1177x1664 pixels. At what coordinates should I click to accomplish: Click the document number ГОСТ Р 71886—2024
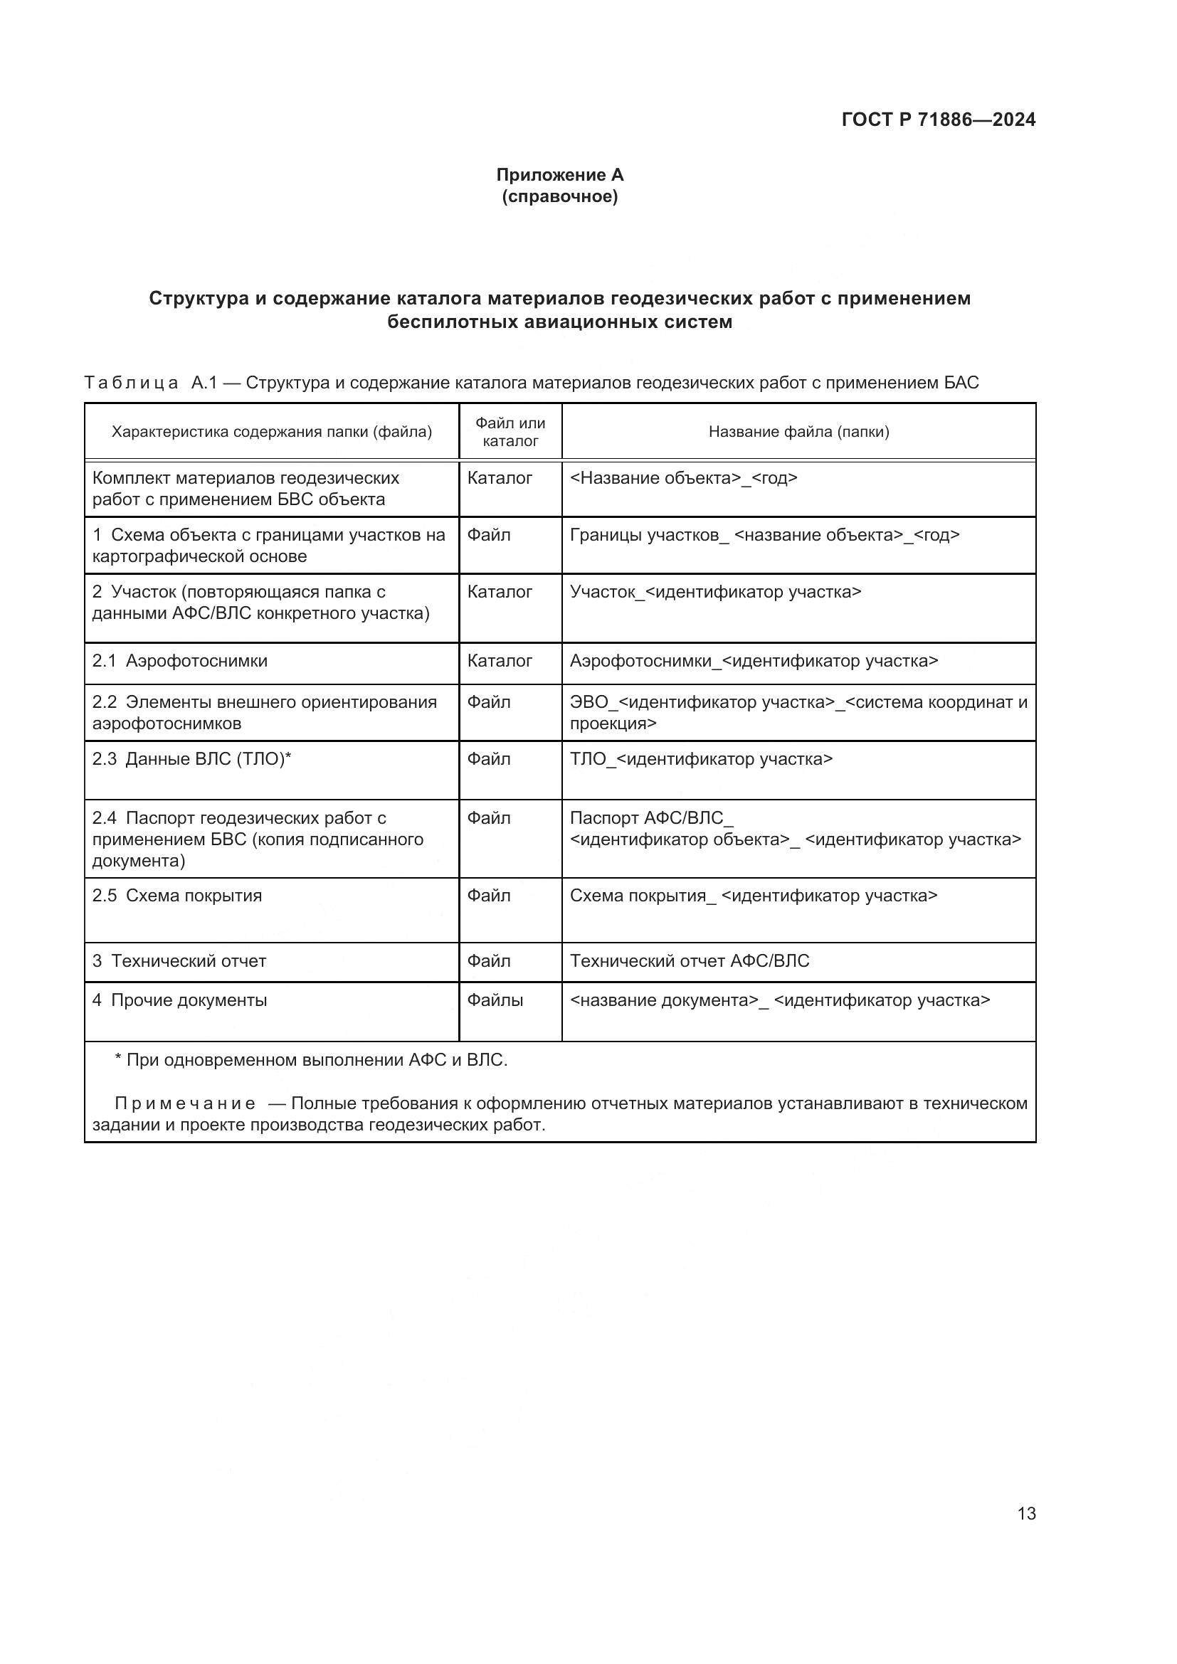pyautogui.click(x=938, y=120)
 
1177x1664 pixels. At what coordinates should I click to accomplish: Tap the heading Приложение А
pyautogui.click(x=559, y=175)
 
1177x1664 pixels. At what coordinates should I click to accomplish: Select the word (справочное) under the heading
pyautogui.click(x=559, y=196)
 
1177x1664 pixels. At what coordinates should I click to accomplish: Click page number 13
pyautogui.click(x=1026, y=1513)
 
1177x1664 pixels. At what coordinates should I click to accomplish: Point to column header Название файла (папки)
pyautogui.click(x=798, y=432)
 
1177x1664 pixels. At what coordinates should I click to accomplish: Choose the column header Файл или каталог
pyautogui.click(x=510, y=432)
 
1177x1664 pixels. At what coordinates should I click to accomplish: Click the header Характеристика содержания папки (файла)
pyautogui.click(x=271, y=432)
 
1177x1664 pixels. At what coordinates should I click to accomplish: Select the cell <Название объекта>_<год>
pyautogui.click(x=683, y=478)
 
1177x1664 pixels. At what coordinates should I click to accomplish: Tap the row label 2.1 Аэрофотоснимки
pyautogui.click(x=180, y=661)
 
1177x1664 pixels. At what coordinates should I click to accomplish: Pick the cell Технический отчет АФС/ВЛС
pyautogui.click(x=690, y=961)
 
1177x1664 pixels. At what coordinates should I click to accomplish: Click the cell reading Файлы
pyautogui.click(x=495, y=1000)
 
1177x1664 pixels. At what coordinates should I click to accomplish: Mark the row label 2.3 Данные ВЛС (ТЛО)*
pyautogui.click(x=191, y=759)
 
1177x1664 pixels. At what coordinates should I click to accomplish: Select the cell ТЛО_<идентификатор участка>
pyautogui.click(x=701, y=759)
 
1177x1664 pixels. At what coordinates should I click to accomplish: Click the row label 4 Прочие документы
pyautogui.click(x=180, y=1000)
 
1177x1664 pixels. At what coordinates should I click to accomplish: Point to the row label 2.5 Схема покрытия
pyautogui.click(x=177, y=896)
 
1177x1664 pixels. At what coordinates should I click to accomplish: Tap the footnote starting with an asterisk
pyautogui.click(x=311, y=1060)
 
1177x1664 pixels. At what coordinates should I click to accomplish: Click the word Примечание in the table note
pyautogui.click(x=185, y=1104)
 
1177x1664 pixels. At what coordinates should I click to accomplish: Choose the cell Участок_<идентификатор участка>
pyautogui.click(x=715, y=592)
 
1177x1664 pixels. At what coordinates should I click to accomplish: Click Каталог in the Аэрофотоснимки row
pyautogui.click(x=500, y=661)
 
